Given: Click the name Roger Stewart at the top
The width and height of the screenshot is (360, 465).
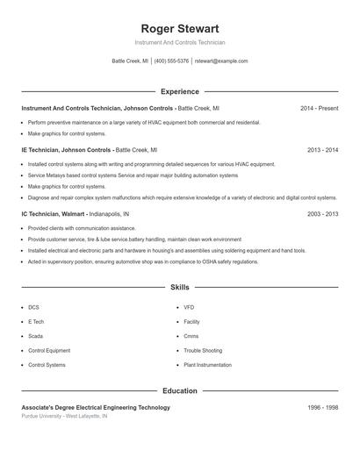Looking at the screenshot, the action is point(179,28).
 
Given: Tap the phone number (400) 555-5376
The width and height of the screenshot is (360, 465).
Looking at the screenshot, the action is point(171,61).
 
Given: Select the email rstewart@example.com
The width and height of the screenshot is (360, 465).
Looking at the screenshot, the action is point(221,61).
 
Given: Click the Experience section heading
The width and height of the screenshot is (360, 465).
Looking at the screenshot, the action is point(179,91).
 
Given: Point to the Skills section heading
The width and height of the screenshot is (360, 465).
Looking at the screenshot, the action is point(179,287).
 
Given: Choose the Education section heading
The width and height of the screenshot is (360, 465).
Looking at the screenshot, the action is point(179,390).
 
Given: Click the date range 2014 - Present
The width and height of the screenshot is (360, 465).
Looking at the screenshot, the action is point(319,108).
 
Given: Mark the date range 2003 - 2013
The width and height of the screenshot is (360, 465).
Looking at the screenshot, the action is point(322,214).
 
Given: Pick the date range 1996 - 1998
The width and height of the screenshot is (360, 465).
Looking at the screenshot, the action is point(322,408).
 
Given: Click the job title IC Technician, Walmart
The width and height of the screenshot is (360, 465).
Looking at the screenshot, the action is point(54,214).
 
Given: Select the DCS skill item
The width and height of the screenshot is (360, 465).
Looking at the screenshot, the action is point(33,307).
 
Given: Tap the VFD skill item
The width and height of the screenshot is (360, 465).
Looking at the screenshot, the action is point(189,307).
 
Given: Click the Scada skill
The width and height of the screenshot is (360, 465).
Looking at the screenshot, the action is point(35,336).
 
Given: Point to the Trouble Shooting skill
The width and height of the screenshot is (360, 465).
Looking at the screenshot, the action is point(203,350).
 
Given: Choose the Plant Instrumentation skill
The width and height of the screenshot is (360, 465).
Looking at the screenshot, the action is point(208,364).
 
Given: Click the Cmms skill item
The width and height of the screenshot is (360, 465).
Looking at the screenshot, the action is point(191,336).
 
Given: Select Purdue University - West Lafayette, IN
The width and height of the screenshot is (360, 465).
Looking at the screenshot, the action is point(64,416).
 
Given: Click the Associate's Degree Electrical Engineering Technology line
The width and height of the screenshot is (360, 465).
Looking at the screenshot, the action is point(96,408).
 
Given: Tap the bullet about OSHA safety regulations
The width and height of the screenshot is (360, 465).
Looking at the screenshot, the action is point(143,261).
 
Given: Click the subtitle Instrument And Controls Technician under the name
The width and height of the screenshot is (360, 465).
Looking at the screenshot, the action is point(179,42).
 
